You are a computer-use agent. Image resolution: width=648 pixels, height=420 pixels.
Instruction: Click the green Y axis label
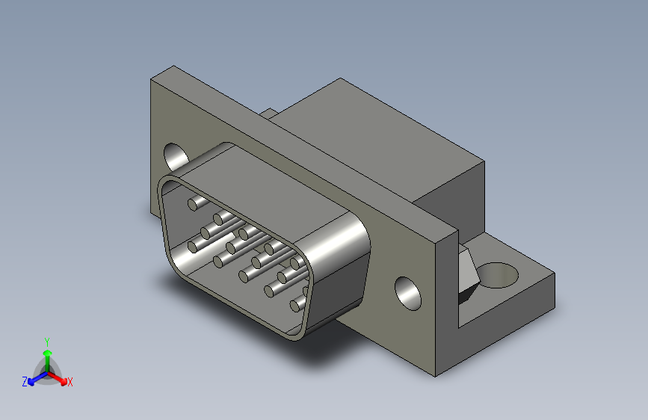pyautogui.click(x=46, y=340)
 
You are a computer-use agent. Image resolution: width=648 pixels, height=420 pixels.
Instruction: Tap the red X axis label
pyautogui.click(x=70, y=383)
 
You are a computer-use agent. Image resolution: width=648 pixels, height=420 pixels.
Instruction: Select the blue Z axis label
pyautogui.click(x=25, y=381)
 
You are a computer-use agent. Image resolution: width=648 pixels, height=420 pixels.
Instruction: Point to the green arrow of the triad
pyautogui.click(x=46, y=354)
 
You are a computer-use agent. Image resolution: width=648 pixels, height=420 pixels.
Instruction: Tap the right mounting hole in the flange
pyautogui.click(x=409, y=293)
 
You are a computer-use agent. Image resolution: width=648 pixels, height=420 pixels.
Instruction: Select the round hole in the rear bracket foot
pyautogui.click(x=496, y=274)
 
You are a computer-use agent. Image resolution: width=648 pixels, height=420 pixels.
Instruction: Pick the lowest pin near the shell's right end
pyautogui.click(x=297, y=303)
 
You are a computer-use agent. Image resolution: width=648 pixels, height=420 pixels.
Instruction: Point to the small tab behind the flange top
pyautogui.click(x=270, y=114)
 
